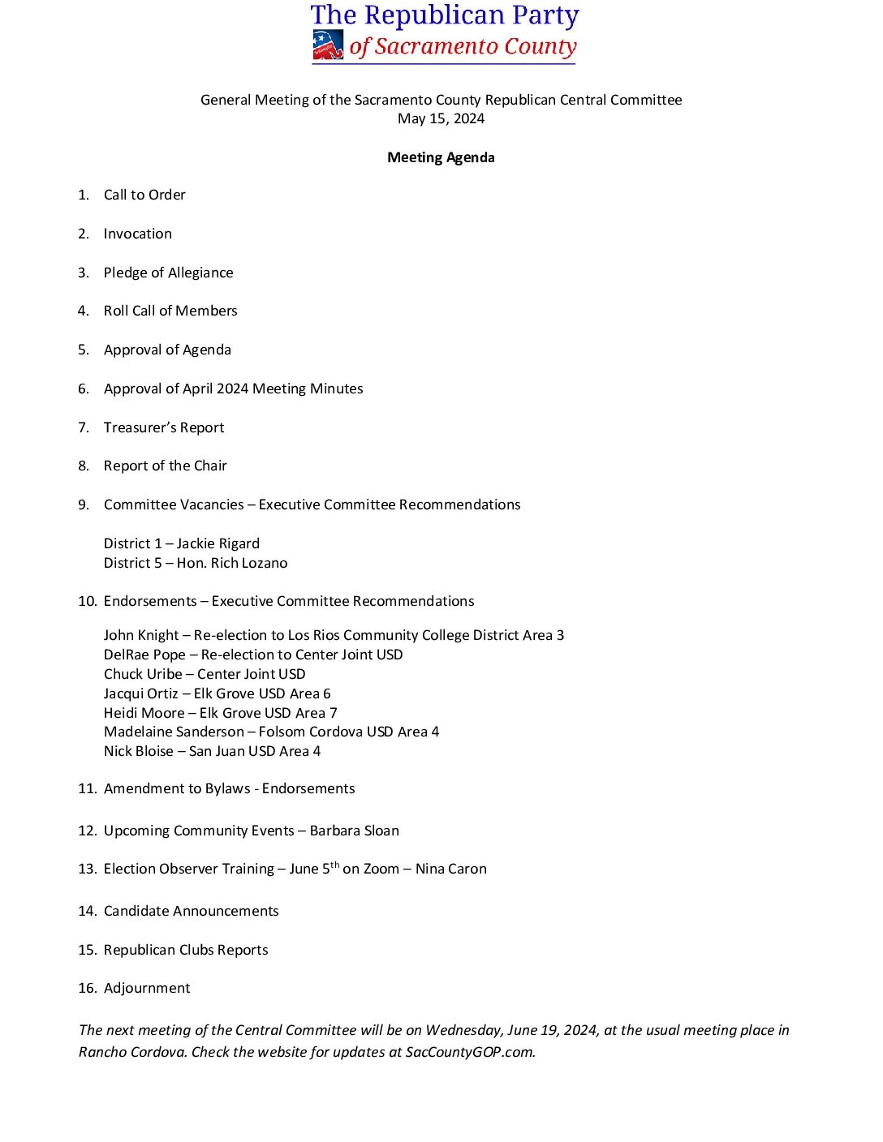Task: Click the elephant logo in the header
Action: click(x=328, y=45)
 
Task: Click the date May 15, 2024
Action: click(x=441, y=118)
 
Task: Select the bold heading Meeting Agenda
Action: click(x=441, y=157)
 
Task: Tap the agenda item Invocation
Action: click(x=138, y=234)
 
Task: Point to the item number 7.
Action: click(x=83, y=427)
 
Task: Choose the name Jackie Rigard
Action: click(x=218, y=543)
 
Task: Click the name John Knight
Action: click(x=141, y=635)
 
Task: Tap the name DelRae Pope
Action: click(x=144, y=655)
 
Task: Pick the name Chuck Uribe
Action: click(x=143, y=674)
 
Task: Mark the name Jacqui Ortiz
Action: click(x=140, y=693)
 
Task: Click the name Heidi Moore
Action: click(x=144, y=713)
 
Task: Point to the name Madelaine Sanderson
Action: click(x=174, y=732)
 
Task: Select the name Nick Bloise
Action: click(x=138, y=751)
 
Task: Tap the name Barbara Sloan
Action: click(x=355, y=831)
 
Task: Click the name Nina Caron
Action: click(x=451, y=869)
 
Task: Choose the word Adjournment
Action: click(x=147, y=988)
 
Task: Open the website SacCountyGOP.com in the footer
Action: click(x=470, y=1052)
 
